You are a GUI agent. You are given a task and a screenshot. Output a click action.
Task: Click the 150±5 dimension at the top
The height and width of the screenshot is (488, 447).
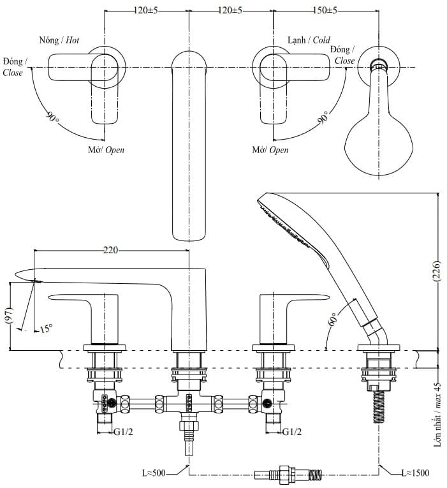[x=325, y=11]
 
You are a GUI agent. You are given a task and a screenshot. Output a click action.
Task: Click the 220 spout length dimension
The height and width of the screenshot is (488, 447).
[x=111, y=251]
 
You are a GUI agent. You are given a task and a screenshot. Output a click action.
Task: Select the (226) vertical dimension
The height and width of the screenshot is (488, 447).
[x=437, y=272]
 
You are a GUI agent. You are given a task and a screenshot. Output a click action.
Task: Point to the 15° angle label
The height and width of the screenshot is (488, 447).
[x=45, y=329]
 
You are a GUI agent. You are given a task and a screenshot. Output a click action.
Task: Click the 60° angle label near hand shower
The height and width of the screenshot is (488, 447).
[x=333, y=319]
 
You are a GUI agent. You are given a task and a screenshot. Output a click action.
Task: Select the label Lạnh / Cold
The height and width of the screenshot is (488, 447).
[x=309, y=40]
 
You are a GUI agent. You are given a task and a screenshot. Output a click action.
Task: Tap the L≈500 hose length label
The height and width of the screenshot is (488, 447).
[x=154, y=473]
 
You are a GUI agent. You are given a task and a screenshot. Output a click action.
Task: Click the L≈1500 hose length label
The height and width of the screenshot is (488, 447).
[x=415, y=473]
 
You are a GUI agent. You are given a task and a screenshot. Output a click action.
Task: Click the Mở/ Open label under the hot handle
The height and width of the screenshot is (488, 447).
[x=106, y=150]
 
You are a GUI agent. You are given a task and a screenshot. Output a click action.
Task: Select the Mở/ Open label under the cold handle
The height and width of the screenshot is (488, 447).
[x=270, y=150]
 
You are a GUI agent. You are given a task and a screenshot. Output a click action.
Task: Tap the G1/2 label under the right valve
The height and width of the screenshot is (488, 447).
[x=292, y=432]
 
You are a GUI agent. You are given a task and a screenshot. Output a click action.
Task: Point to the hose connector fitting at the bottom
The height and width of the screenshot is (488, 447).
[x=288, y=474]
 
